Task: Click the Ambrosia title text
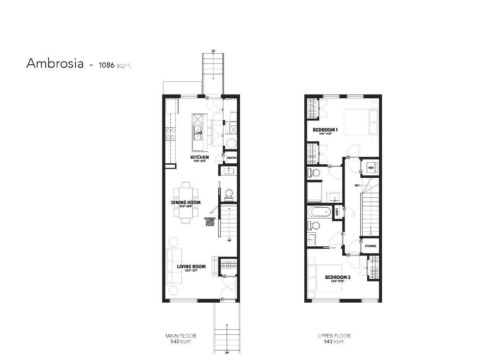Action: pyautogui.click(x=55, y=64)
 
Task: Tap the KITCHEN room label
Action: pyautogui.click(x=199, y=157)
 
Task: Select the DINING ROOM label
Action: pyautogui.click(x=186, y=202)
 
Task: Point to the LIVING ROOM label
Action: pyautogui.click(x=191, y=267)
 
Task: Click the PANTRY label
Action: pyautogui.click(x=232, y=158)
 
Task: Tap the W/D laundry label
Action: pyautogui.click(x=371, y=168)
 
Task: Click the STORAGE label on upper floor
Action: pyautogui.click(x=370, y=246)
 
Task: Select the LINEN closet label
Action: pyautogui.click(x=337, y=212)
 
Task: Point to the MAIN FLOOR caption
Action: pyautogui.click(x=181, y=336)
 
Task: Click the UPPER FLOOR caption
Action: pyautogui.click(x=334, y=336)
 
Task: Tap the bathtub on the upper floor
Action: pyautogui.click(x=320, y=212)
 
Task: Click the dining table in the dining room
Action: pyautogui.click(x=186, y=202)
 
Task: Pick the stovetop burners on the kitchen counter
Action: pyautogui.click(x=170, y=134)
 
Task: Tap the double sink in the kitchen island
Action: pyautogui.click(x=198, y=133)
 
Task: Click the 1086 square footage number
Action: pyautogui.click(x=106, y=65)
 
